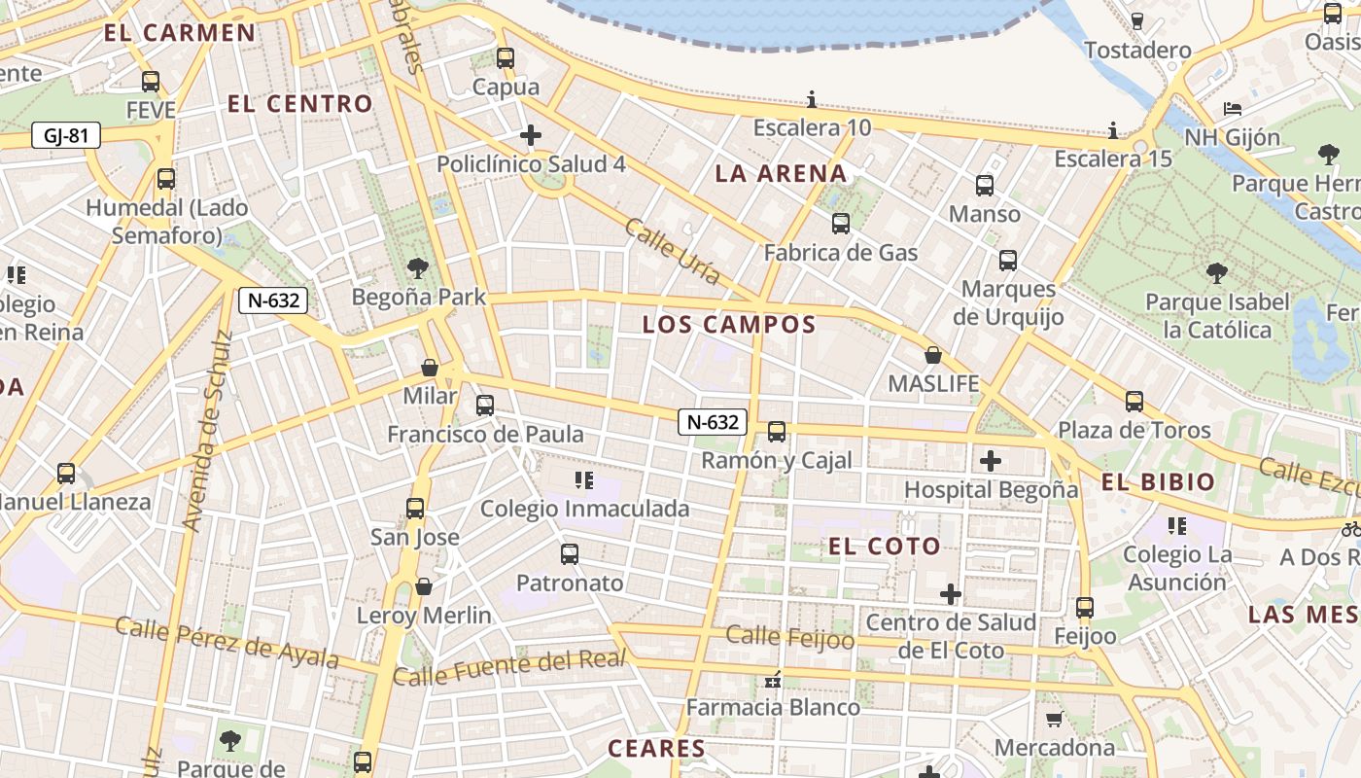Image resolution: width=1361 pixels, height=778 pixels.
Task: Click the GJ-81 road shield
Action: coord(66,135)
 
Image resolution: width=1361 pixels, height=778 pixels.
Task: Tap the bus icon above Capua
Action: coord(505,58)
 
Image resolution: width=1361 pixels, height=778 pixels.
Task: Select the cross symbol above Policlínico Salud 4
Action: coord(531,135)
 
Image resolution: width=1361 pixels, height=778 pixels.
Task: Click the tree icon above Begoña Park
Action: coord(418,267)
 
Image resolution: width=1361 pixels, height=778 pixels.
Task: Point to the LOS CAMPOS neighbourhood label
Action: coord(729,325)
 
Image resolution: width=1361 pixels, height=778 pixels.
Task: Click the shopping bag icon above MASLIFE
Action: coord(933,356)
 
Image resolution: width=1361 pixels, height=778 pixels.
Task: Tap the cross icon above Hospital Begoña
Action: coord(991,461)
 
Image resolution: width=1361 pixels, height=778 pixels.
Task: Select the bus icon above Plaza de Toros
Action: coord(1134,402)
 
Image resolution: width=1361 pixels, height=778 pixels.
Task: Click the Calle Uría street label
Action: coord(673,251)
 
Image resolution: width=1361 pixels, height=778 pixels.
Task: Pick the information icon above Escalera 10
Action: coord(812,99)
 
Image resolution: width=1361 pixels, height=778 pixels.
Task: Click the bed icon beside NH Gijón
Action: coord(1233,108)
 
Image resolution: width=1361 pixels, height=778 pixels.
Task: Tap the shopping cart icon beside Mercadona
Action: coord(1054,720)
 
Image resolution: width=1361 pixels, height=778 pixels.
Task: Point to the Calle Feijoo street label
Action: coord(790,638)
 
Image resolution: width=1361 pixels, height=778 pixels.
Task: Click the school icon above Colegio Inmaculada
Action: coord(584,479)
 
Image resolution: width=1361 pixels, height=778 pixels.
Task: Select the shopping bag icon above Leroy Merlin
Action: coord(424,586)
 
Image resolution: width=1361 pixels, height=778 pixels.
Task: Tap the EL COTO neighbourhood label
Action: coord(884,547)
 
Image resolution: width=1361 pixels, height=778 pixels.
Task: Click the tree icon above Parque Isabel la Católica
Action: coord(1216,273)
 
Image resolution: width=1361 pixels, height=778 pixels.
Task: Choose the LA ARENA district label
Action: coord(782,174)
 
